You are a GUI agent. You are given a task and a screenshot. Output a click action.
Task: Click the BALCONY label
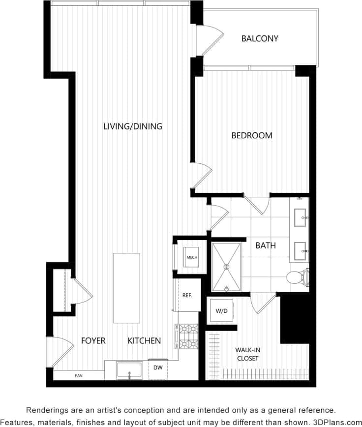260,38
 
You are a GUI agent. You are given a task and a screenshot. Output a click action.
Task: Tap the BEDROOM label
252,135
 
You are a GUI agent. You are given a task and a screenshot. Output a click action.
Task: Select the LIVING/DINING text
133,126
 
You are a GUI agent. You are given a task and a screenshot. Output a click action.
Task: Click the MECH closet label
192,257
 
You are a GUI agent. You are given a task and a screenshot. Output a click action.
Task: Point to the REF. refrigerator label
187,296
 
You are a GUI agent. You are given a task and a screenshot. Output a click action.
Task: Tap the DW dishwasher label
158,368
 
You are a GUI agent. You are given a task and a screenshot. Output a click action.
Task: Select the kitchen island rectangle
126,288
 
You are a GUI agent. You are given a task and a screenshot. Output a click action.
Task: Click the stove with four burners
186,336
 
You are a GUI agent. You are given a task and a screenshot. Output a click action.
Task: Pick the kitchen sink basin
129,370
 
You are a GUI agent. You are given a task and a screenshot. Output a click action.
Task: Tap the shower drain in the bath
227,267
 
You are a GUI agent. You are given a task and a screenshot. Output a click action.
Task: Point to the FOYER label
93,340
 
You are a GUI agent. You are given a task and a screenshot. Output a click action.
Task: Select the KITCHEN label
144,340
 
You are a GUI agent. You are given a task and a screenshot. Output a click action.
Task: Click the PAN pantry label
78,376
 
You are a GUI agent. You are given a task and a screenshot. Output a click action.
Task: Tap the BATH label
266,245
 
